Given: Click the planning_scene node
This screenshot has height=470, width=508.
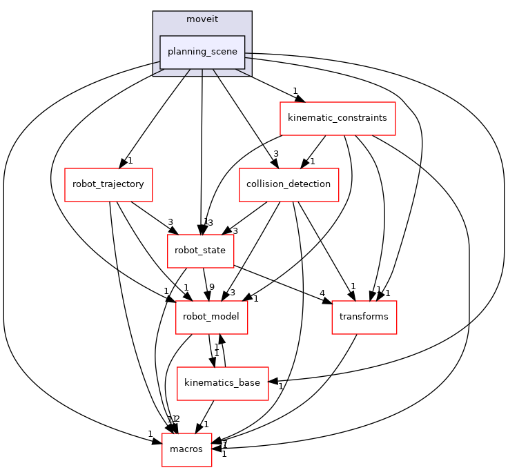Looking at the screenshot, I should (x=202, y=52).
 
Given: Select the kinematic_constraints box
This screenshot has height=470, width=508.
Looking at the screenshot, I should (x=337, y=119).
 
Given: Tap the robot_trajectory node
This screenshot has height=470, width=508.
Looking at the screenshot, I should (x=108, y=184).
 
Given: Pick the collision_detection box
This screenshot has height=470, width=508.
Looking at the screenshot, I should (x=289, y=184).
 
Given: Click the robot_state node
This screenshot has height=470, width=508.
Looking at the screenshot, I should (x=200, y=251).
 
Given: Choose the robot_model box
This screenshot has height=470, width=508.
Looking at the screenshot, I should (x=211, y=317).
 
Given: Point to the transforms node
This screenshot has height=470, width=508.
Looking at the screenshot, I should (x=364, y=317).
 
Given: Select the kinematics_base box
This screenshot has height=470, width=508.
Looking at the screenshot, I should (x=222, y=383).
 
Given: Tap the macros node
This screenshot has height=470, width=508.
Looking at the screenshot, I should (x=186, y=449).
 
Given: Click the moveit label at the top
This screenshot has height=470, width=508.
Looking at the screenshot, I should (x=202, y=18).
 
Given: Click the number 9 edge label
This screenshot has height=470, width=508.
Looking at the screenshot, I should (x=212, y=288).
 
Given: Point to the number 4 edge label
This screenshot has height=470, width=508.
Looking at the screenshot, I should (x=322, y=292).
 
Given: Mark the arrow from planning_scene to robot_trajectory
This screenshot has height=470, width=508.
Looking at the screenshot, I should (x=155, y=118).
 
